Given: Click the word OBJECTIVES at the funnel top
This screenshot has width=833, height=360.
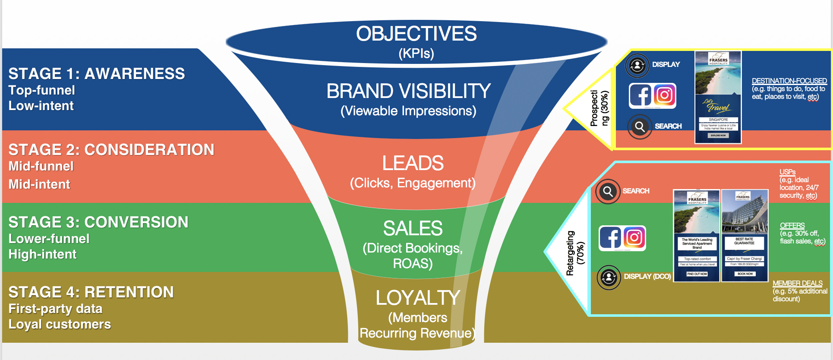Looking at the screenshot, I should pyautogui.click(x=416, y=34).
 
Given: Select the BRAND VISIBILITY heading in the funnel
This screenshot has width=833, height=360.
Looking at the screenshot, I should pyautogui.click(x=408, y=91).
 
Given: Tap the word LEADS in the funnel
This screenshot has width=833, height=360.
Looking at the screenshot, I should pyautogui.click(x=413, y=163).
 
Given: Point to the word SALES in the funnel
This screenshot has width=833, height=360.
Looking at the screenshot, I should pyautogui.click(x=413, y=228).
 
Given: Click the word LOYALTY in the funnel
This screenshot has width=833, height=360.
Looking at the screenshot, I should pyautogui.click(x=418, y=298).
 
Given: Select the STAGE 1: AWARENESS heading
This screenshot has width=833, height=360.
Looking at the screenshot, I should pyautogui.click(x=97, y=74).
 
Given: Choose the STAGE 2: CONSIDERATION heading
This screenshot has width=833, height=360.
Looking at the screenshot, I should pyautogui.click(x=111, y=150).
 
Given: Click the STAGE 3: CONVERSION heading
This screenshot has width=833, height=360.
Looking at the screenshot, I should pyautogui.click(x=98, y=222).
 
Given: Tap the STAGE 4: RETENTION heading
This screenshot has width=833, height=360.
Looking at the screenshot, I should pyautogui.click(x=91, y=292).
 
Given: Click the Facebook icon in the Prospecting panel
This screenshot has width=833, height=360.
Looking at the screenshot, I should pyautogui.click(x=640, y=95).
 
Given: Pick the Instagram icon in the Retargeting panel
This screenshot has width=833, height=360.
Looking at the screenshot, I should pyautogui.click(x=634, y=238).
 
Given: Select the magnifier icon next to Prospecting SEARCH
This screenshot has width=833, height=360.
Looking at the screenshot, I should pyautogui.click(x=640, y=126).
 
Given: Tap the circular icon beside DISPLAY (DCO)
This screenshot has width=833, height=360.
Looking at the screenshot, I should pyautogui.click(x=609, y=277).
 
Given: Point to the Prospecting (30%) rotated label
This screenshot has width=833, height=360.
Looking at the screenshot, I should pyautogui.click(x=599, y=108).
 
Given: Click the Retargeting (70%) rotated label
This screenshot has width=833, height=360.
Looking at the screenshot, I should pyautogui.click(x=575, y=253).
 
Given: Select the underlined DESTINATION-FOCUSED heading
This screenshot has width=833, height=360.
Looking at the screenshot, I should pyautogui.click(x=789, y=81).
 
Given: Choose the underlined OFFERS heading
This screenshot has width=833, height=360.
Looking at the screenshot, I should pyautogui.click(x=792, y=225).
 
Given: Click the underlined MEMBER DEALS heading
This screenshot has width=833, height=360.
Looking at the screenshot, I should pyautogui.click(x=797, y=283).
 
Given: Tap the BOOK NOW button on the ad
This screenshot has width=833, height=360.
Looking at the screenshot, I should pyautogui.click(x=745, y=274).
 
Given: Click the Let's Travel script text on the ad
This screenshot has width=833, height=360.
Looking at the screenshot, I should pyautogui.click(x=716, y=105).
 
